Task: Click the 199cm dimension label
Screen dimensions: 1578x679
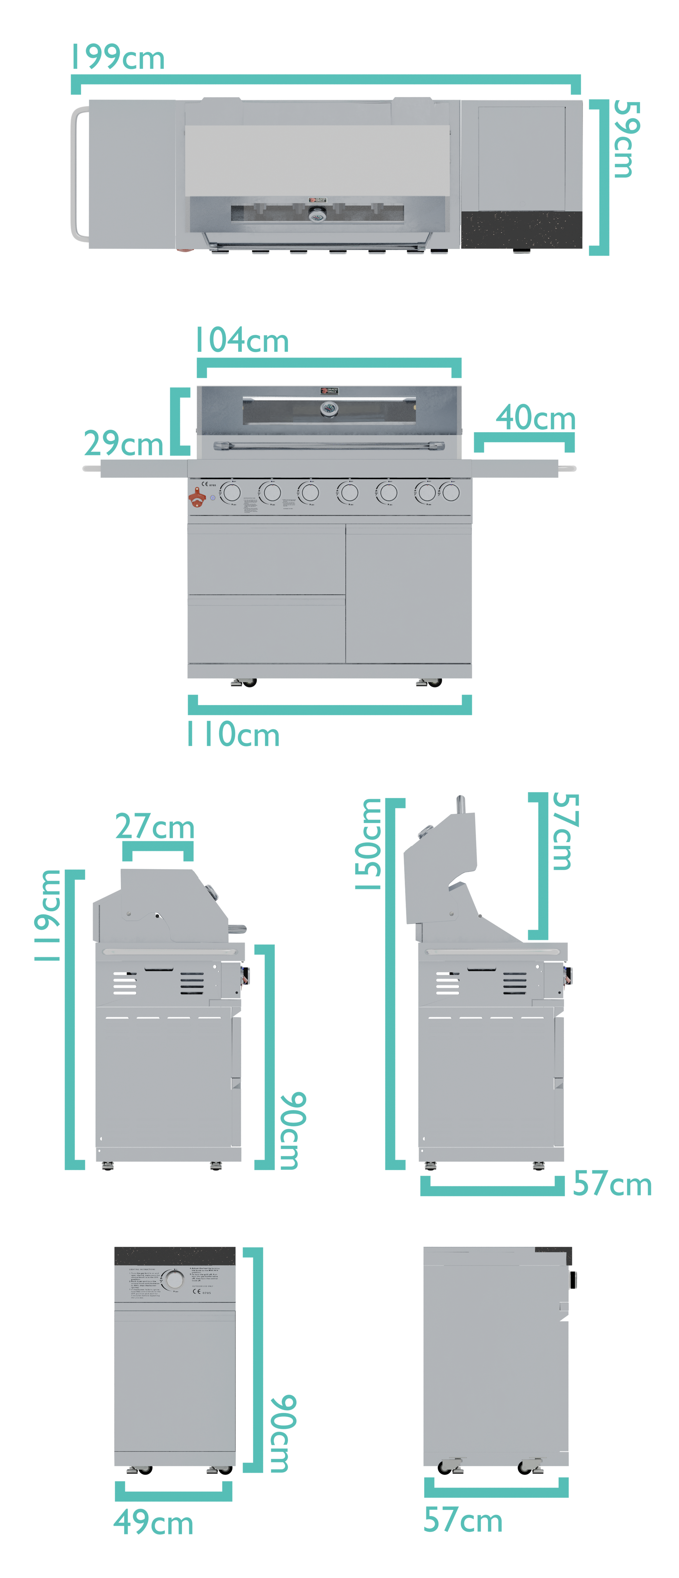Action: [118, 58]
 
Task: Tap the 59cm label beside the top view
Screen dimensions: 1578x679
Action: [626, 139]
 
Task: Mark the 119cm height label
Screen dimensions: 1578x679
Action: [48, 916]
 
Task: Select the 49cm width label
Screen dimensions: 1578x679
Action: [153, 1522]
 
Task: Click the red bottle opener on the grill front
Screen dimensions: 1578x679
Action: [196, 497]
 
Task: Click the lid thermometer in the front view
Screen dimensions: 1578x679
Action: [329, 409]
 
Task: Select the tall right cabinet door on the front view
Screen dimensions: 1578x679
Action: [409, 593]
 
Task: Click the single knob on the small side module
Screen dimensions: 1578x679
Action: [175, 1279]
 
